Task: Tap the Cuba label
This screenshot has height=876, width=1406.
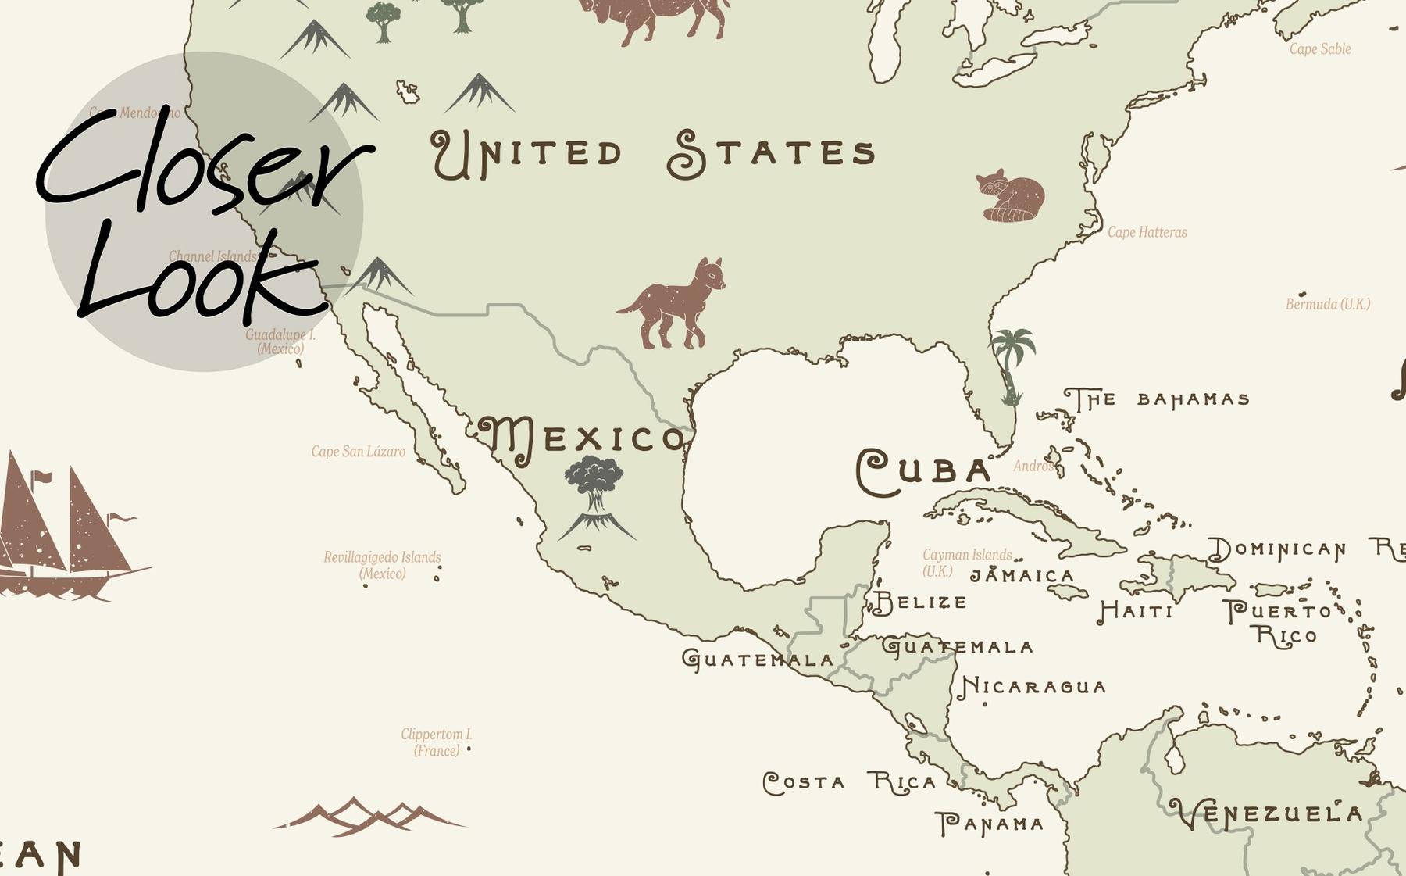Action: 924,471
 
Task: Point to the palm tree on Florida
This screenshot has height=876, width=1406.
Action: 1012,364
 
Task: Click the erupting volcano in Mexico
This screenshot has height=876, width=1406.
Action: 596,500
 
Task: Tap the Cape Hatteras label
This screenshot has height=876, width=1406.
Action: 1147,232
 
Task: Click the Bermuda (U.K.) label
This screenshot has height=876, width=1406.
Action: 1328,304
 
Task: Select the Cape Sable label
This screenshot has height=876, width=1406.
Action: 1319,48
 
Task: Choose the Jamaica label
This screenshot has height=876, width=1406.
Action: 1022,576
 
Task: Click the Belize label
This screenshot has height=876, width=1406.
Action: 919,602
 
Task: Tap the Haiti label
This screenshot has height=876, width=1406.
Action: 1136,610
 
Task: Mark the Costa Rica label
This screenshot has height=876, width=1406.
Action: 849,782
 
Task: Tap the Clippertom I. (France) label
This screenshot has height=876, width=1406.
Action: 437,742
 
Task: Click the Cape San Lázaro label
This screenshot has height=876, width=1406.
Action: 358,452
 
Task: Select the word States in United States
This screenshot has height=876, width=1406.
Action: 772,153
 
